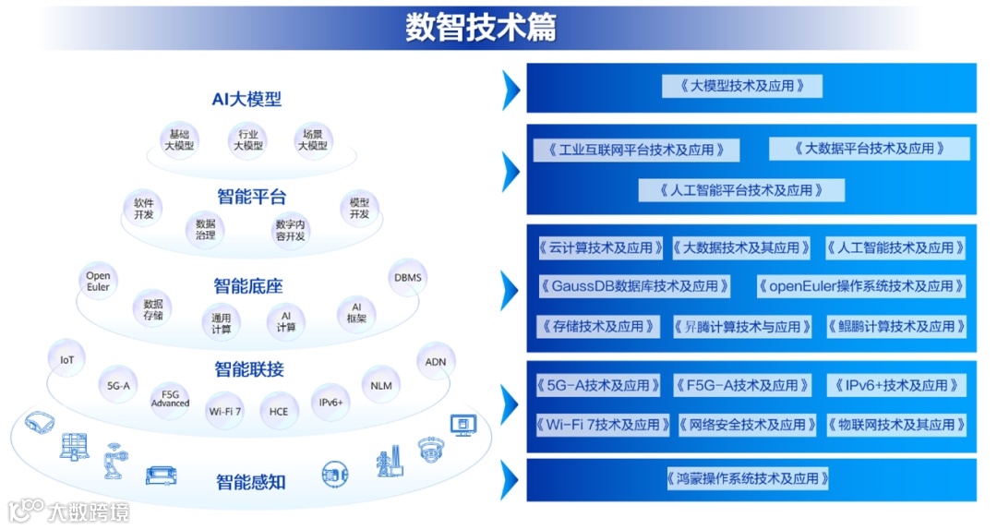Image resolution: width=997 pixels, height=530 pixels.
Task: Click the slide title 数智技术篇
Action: coord(480,28)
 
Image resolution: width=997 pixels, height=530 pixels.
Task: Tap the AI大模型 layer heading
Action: coord(246,100)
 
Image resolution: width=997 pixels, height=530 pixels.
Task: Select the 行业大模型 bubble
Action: coord(247,139)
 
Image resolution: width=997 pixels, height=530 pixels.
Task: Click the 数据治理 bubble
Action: coord(205,229)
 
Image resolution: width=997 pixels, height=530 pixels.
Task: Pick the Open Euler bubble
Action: coord(98,282)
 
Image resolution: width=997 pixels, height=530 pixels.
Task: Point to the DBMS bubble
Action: coord(408,277)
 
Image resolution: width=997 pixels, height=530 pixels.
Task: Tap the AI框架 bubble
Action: coord(356,312)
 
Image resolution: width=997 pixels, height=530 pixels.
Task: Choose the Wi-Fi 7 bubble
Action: coord(225,411)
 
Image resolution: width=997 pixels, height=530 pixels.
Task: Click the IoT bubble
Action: coord(66,359)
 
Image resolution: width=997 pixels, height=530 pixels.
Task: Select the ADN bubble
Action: coord(436,362)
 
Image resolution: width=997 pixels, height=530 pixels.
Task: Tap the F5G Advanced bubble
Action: coord(170,398)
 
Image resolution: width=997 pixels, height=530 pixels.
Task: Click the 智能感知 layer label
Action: coord(250,481)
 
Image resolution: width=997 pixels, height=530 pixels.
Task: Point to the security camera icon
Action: coord(430,450)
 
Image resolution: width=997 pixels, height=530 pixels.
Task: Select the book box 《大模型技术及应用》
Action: coord(742,86)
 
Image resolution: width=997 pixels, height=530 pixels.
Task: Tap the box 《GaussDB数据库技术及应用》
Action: coord(634,286)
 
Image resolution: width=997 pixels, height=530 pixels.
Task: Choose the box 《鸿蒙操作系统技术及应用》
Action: coord(747,478)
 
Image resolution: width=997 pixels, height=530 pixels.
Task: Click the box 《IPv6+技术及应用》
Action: coord(896,385)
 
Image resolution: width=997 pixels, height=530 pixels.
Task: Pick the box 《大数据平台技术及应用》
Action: coord(870,148)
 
